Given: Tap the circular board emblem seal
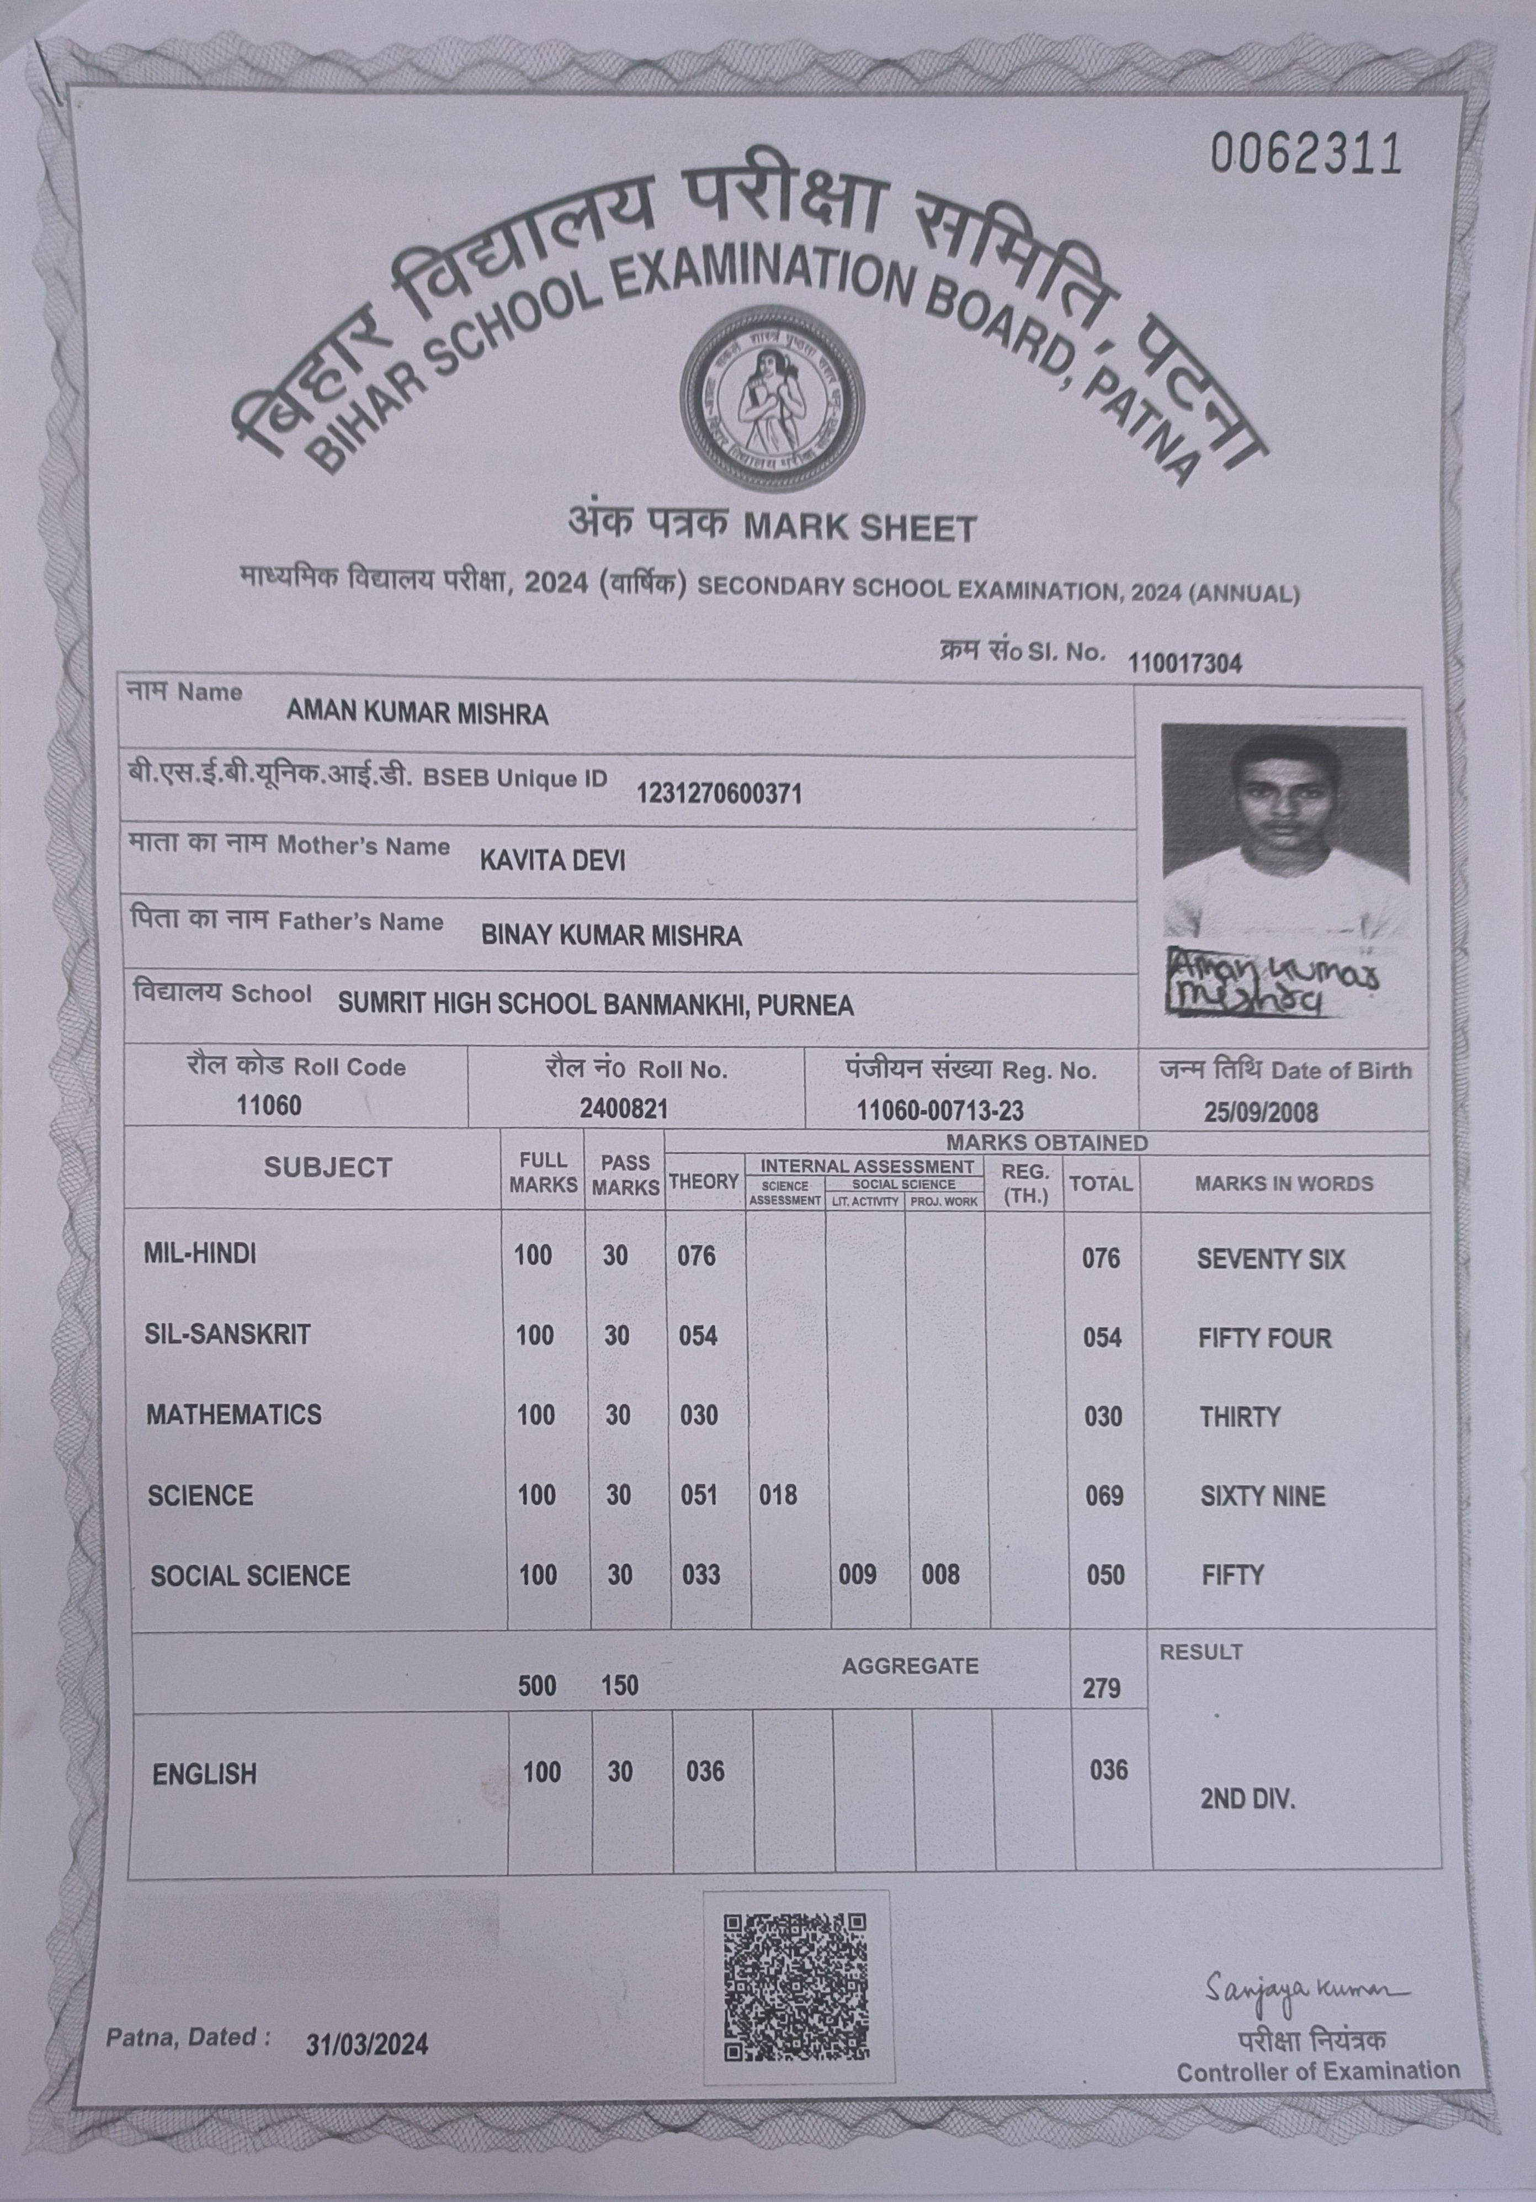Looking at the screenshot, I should (772, 400).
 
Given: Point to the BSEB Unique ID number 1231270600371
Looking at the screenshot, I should (719, 793).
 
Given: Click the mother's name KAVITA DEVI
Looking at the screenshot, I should (552, 860).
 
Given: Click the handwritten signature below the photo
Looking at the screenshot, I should (1271, 982).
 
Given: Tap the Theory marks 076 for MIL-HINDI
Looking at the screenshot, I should (696, 1256).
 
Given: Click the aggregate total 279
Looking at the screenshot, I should (1101, 1688).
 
